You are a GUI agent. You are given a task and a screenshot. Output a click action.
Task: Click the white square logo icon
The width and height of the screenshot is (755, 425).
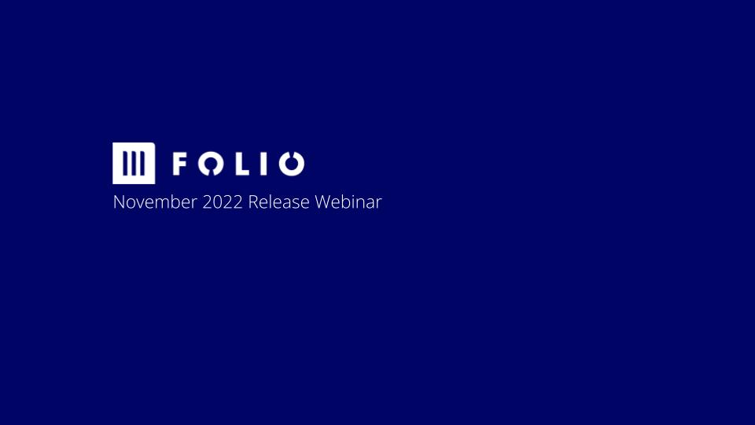pyautogui.click(x=134, y=164)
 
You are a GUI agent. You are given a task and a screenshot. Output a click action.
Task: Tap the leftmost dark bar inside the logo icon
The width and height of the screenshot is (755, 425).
pyautogui.click(x=125, y=164)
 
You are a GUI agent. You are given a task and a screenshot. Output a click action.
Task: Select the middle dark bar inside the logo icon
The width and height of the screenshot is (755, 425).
pyautogui.click(x=134, y=164)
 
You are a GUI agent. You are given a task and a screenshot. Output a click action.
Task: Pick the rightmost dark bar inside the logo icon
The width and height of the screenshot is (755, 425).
pyautogui.click(x=142, y=164)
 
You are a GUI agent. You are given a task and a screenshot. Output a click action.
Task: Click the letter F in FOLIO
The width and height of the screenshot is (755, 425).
pyautogui.click(x=179, y=164)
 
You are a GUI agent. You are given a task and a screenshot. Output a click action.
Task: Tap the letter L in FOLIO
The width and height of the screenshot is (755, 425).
pyautogui.click(x=243, y=164)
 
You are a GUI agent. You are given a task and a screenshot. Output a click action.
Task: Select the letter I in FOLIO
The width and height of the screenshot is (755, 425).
pyautogui.click(x=263, y=164)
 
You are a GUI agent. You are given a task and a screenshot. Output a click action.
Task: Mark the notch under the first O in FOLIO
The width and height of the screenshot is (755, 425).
pyautogui.click(x=211, y=173)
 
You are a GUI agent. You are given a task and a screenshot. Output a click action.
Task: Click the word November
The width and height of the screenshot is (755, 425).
pyautogui.click(x=155, y=202)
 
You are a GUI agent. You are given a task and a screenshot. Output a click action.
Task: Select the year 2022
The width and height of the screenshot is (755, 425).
pyautogui.click(x=223, y=202)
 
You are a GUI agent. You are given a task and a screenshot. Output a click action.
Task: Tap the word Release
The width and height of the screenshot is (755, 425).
pyautogui.click(x=278, y=202)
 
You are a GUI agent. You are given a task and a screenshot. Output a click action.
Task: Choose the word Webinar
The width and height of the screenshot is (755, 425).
pyautogui.click(x=348, y=202)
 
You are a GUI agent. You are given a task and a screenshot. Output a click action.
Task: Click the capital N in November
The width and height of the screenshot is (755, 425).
pyautogui.click(x=119, y=202)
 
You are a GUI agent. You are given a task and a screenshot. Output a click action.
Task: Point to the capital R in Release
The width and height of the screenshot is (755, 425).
pyautogui.click(x=253, y=202)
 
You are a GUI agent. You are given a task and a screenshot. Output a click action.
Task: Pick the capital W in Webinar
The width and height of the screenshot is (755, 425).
pyautogui.click(x=322, y=202)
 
